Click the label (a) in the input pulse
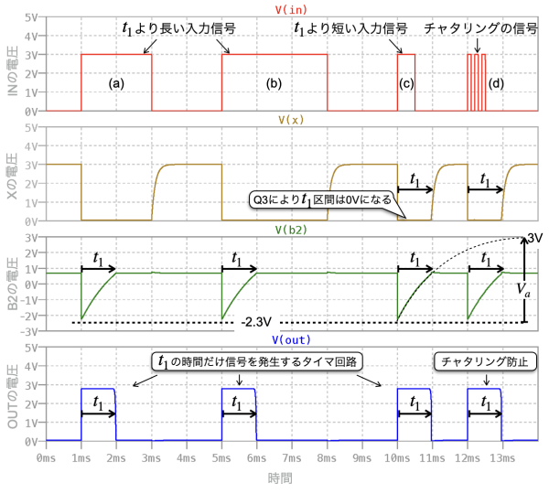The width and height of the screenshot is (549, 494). point(116,83)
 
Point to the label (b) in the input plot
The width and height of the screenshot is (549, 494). point(274,83)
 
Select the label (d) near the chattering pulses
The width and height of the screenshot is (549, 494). point(496,84)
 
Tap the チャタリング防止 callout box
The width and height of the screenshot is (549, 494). point(483,361)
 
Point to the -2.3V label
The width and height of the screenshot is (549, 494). point(257,323)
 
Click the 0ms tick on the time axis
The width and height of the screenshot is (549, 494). point(46,455)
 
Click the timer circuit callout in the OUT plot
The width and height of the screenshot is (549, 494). point(256,361)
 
